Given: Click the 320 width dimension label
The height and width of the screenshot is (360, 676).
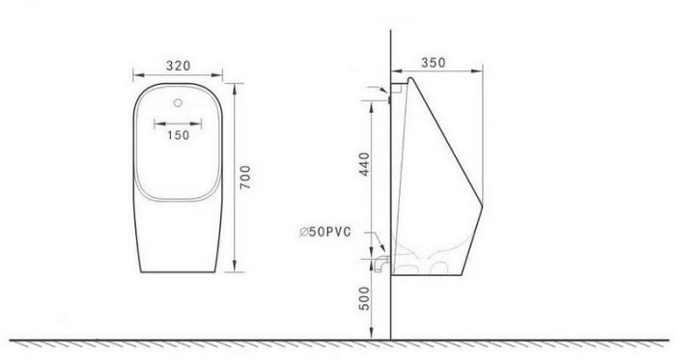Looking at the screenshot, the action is pos(178,66).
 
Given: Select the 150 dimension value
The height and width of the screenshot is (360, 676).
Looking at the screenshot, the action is pos(178,135).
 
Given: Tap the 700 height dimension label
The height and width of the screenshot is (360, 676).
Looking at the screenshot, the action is pos(245,177).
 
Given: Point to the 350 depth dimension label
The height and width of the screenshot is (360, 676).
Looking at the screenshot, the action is pos(434,63).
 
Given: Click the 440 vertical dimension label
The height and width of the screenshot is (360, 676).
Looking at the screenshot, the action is pos(364,164).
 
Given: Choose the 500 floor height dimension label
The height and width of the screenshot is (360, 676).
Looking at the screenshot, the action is pos(364,298).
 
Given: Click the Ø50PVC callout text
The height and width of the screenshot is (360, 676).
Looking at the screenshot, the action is pos(325,232).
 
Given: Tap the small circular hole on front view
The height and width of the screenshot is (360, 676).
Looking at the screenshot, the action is pos(178,102).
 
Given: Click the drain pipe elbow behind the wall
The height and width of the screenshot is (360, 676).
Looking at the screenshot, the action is pos(382,263).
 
